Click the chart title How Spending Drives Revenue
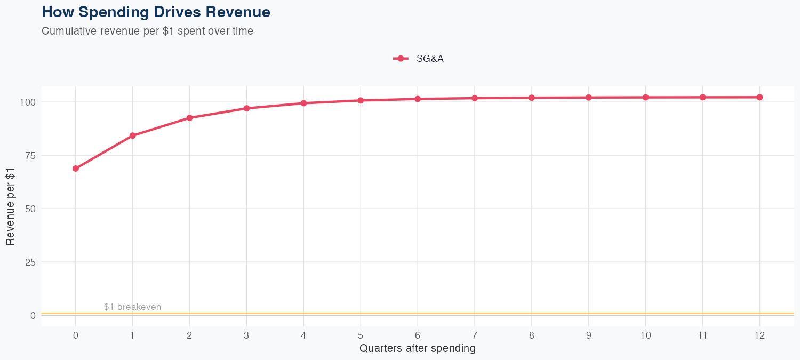[x=156, y=12]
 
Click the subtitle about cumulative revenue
[x=147, y=31]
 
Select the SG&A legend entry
[x=419, y=59]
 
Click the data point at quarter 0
[x=76, y=169]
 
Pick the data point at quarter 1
[x=132, y=135]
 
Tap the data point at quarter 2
[x=189, y=118]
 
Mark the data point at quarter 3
[x=246, y=108]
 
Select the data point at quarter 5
[x=361, y=100]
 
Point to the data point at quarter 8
[x=532, y=98]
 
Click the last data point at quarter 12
[x=759, y=97]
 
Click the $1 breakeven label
[x=132, y=307]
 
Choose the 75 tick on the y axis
[x=30, y=155]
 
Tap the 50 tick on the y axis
[x=30, y=209]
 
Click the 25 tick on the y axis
[x=30, y=262]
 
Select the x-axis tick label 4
[x=303, y=335]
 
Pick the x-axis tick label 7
[x=475, y=335]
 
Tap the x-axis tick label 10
[x=645, y=335]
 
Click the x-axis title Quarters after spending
[x=417, y=349]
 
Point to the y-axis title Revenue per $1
[x=10, y=209]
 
